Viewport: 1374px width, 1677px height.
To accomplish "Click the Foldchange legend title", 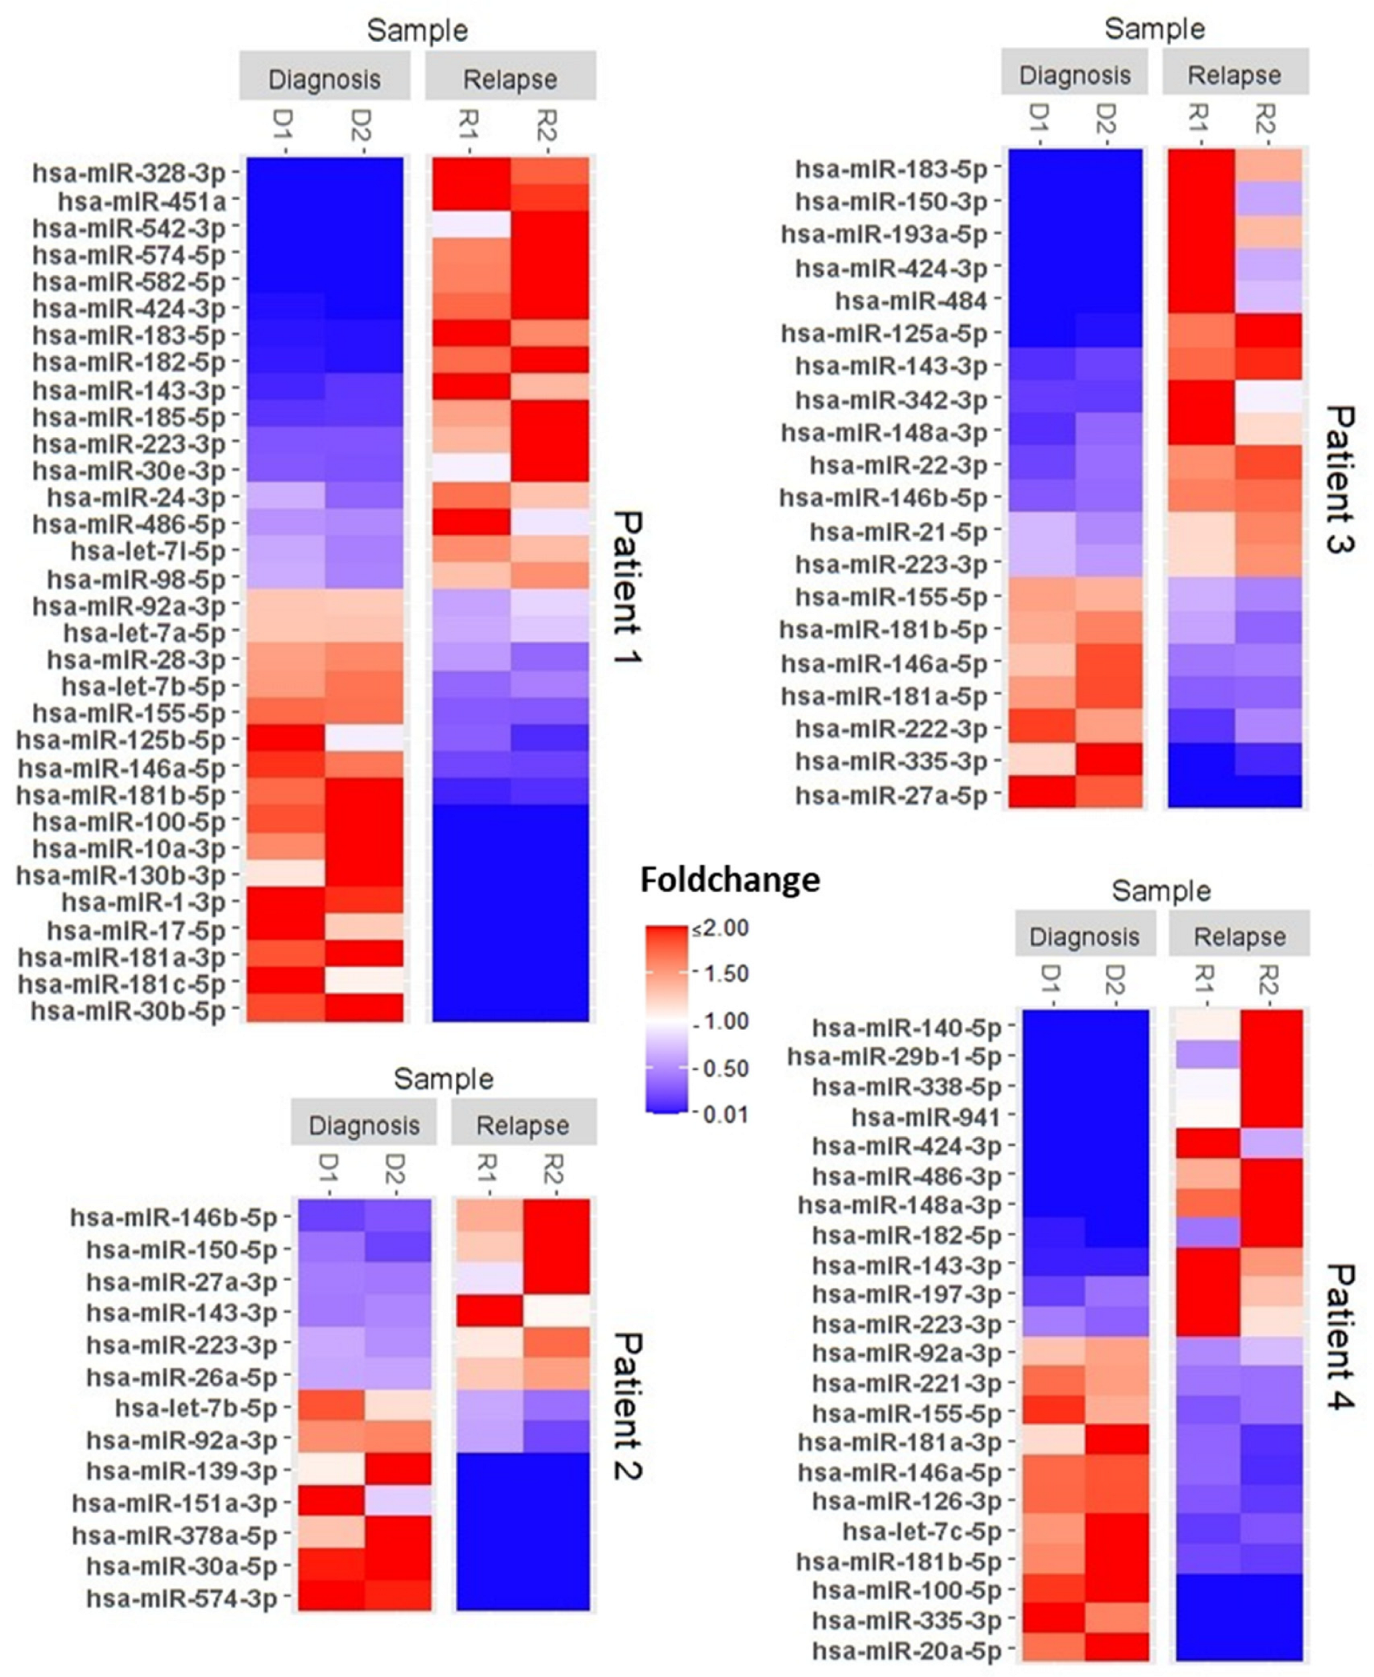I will tap(729, 880).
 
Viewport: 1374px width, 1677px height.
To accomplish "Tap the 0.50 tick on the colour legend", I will tap(725, 1068).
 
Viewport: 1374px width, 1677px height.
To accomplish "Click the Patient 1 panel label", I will tap(628, 587).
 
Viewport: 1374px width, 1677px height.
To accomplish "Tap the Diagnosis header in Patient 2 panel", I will tap(363, 1125).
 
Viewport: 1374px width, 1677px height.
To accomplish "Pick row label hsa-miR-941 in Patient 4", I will tap(926, 1117).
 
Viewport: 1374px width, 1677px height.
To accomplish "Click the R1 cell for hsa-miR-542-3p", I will tap(471, 225).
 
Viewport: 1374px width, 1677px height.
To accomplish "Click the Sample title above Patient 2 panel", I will tap(443, 1079).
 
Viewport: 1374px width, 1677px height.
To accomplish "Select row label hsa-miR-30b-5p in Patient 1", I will tap(128, 1011).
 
